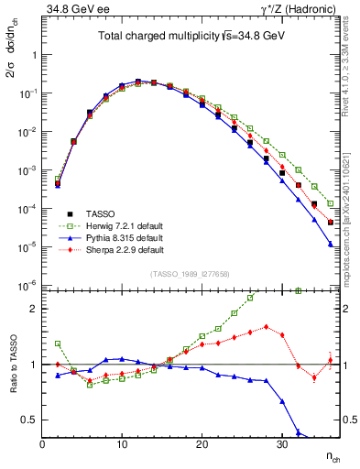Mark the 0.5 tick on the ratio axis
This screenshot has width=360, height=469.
click(x=30, y=420)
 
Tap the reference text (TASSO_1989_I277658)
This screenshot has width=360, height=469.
click(x=191, y=274)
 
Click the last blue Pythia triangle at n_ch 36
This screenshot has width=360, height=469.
click(x=330, y=244)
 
